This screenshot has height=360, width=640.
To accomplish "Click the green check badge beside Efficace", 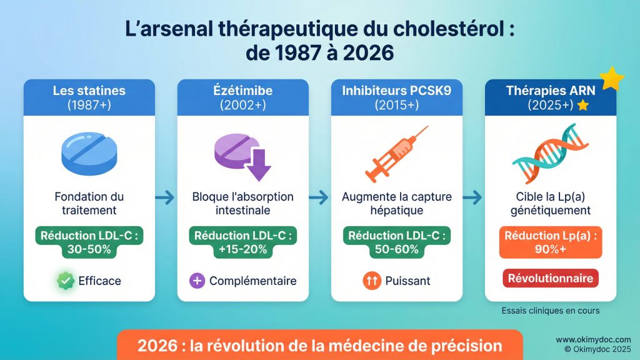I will tap(66, 281).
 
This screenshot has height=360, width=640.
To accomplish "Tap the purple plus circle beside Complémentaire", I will tap(197, 281).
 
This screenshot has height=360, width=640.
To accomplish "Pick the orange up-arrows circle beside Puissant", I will tap(371, 281).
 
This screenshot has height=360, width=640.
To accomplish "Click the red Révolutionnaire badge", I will tap(550, 278).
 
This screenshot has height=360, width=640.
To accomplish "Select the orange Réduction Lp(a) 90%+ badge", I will tap(550, 242).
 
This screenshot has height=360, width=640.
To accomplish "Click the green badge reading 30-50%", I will tap(89, 242).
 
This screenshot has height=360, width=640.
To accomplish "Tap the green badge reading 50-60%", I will tap(396, 242).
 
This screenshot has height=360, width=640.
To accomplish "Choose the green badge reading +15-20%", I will tap(242, 242).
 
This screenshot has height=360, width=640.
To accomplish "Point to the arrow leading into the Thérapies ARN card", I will tap(472, 198).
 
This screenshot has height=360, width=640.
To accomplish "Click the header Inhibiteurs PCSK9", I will tap(396, 90).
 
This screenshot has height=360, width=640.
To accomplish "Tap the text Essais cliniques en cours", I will tap(550, 311).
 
